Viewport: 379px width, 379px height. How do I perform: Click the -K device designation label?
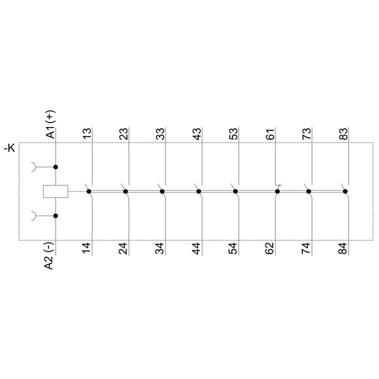[9, 148]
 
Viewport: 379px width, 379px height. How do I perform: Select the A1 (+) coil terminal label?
[51, 124]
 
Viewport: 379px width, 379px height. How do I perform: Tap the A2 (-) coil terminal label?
[49, 256]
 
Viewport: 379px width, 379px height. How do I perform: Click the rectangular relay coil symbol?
[56, 191]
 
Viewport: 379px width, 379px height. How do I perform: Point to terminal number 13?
[87, 134]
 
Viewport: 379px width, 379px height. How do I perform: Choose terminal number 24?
[123, 248]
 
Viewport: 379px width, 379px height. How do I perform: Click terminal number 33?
[160, 134]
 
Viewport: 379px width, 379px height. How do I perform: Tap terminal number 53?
[233, 134]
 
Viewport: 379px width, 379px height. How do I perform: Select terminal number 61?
[270, 134]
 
